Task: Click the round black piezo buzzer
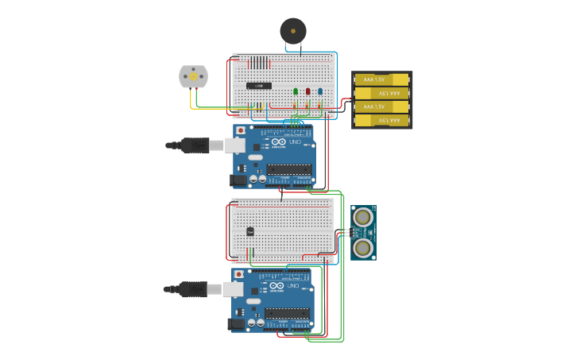point(292,31)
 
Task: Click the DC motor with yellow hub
point(193,76)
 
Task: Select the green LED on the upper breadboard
point(296,91)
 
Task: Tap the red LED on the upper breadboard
point(307,91)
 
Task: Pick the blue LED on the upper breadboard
point(320,91)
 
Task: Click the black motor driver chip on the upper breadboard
point(258,85)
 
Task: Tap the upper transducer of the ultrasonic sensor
point(363,217)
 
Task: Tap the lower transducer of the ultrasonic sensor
point(363,247)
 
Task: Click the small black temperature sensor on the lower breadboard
point(249,231)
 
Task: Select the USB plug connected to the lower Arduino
point(193,288)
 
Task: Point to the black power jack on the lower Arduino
point(236,323)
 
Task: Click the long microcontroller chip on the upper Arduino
point(288,168)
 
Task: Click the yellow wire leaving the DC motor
point(191,100)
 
